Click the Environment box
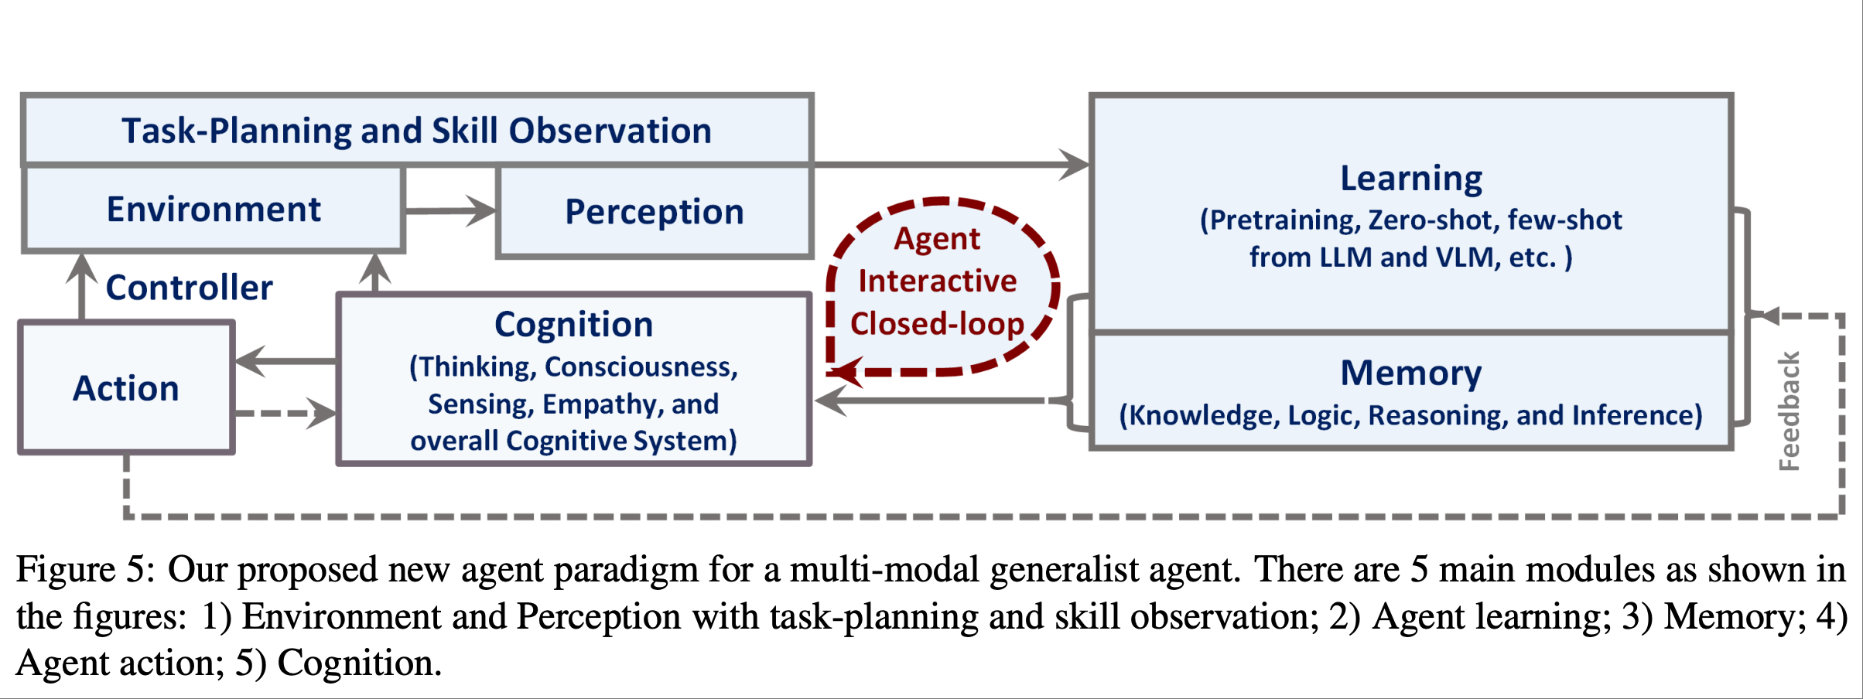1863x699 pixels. (214, 209)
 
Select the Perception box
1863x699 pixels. (655, 211)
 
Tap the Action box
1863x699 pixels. (126, 387)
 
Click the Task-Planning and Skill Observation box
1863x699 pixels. (417, 130)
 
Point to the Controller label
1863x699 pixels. (190, 288)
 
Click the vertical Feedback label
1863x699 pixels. (1790, 411)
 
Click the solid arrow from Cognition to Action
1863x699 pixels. (286, 361)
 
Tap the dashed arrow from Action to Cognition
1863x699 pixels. (286, 414)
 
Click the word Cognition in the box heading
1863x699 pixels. (574, 325)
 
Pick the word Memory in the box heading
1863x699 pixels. (1411, 373)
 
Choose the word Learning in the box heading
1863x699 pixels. (1411, 179)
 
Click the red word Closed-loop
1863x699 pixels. (938, 324)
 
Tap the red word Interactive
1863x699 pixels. (938, 281)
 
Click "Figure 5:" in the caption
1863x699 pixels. (86, 571)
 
